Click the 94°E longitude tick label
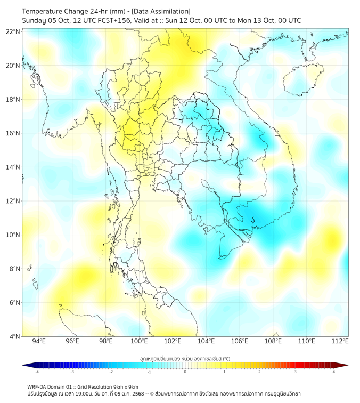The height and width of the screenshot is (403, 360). [39, 341]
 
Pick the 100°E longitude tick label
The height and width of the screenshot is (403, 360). [139, 341]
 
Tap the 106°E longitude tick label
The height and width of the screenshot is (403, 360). [240, 341]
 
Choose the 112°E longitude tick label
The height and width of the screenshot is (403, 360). [340, 341]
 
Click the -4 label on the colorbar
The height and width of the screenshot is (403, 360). [36, 372]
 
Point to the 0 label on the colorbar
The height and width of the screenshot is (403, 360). [185, 372]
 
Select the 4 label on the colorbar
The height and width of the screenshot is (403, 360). [333, 372]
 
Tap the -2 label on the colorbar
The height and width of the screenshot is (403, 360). [111, 372]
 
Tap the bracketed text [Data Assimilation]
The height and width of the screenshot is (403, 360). [160, 11]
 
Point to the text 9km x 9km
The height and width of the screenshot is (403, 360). [126, 386]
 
